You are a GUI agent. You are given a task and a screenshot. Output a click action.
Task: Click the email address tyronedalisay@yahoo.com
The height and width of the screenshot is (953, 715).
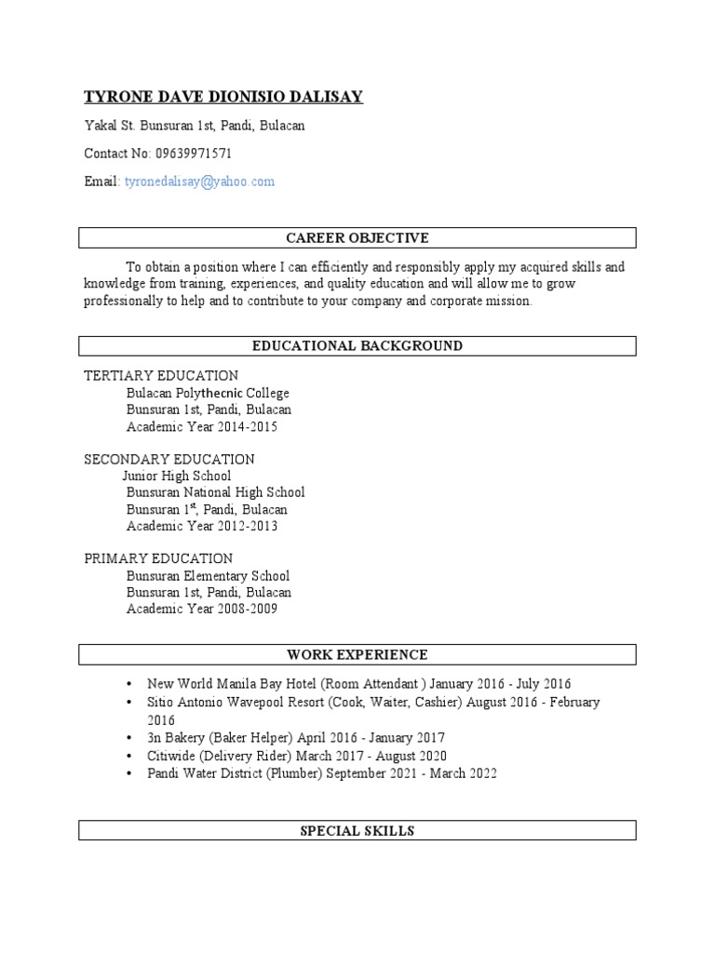pyautogui.click(x=199, y=181)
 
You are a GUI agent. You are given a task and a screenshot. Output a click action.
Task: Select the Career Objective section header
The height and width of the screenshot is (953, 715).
pyautogui.click(x=357, y=238)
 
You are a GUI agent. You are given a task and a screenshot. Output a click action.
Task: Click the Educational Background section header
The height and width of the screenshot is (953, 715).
pyautogui.click(x=357, y=346)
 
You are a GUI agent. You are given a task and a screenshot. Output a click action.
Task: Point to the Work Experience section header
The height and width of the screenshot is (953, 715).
pyautogui.click(x=357, y=654)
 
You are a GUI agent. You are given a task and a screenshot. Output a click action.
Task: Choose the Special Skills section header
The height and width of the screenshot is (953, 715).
pyautogui.click(x=357, y=830)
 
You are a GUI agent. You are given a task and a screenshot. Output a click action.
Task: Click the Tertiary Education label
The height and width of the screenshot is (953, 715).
pyautogui.click(x=161, y=376)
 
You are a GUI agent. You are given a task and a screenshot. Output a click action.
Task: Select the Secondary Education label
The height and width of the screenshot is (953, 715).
pyautogui.click(x=169, y=460)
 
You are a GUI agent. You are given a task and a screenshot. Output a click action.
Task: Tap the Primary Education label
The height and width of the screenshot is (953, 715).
pyautogui.click(x=158, y=558)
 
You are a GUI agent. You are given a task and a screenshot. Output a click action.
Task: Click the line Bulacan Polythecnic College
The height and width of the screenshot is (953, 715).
pyautogui.click(x=208, y=394)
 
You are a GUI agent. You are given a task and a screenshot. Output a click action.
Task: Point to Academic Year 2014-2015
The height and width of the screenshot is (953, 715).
pyautogui.click(x=201, y=427)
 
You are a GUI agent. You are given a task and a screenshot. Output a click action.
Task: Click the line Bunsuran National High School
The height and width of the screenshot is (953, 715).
pyautogui.click(x=215, y=492)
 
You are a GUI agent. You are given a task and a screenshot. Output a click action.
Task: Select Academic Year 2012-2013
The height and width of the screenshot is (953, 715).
pyautogui.click(x=201, y=526)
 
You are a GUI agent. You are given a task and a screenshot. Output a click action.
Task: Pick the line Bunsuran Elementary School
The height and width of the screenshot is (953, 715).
pyautogui.click(x=208, y=576)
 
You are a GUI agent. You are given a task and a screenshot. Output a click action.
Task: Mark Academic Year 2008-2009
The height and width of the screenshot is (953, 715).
pyautogui.click(x=201, y=610)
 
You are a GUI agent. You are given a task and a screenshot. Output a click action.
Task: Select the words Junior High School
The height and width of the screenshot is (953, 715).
pyautogui.click(x=177, y=476)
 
